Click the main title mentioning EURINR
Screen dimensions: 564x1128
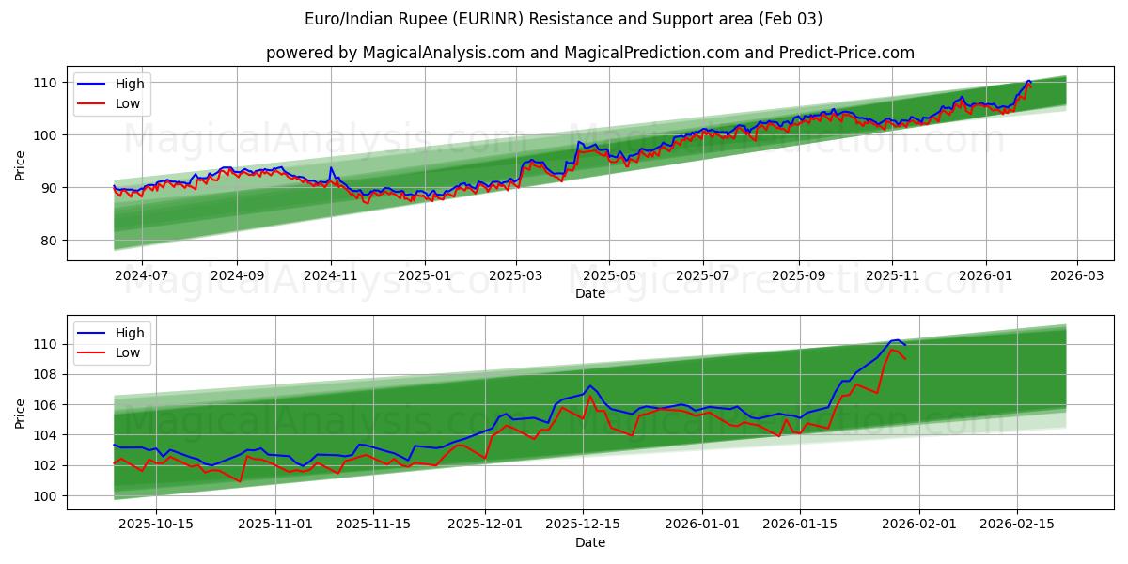click(x=564, y=19)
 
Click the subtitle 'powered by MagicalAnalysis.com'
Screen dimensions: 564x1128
click(x=589, y=53)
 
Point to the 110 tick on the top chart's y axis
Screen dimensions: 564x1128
click(x=48, y=83)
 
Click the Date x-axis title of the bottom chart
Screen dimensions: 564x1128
click(x=589, y=542)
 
